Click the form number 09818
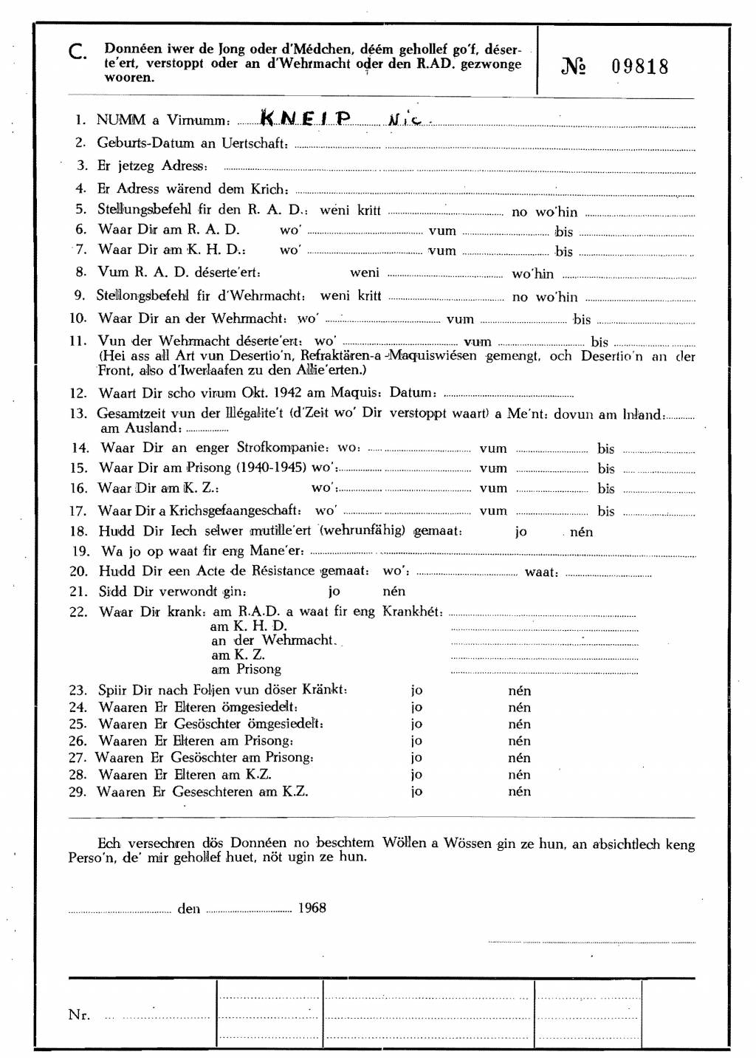[640, 66]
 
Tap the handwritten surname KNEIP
[306, 119]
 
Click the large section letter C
[78, 52]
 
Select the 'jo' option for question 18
[521, 532]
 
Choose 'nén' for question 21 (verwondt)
[394, 591]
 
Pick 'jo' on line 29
[417, 791]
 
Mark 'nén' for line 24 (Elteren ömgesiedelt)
[519, 707]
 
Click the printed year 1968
[312, 908]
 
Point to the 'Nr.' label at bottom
[79, 1015]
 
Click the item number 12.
[78, 393]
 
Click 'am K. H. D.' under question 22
[249, 626]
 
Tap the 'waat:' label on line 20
[541, 572]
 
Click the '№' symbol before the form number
[574, 66]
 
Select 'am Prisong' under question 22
[246, 669]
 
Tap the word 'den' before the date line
[188, 909]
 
